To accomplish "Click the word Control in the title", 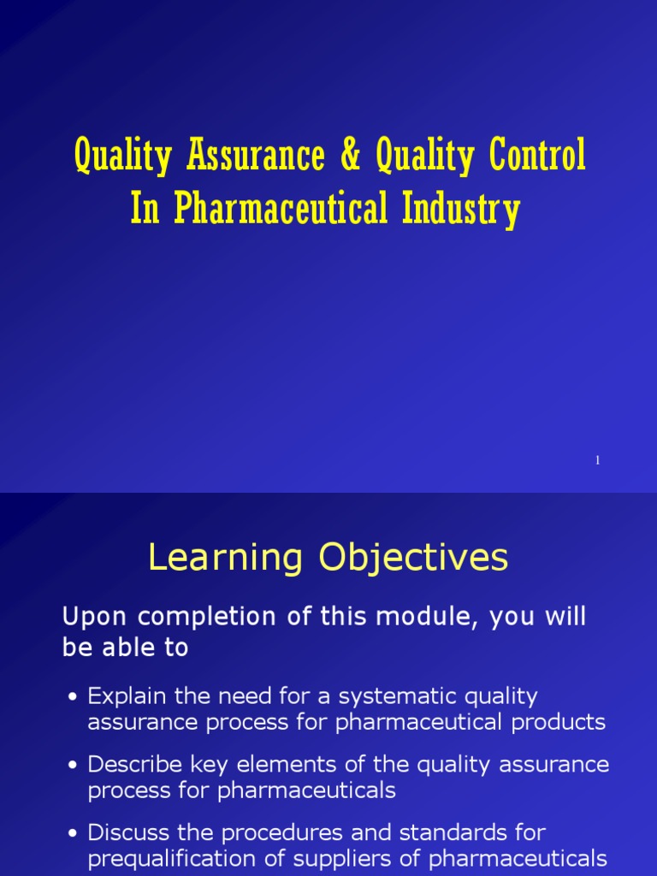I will pyautogui.click(x=537, y=157).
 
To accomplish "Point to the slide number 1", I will pyautogui.click(x=598, y=461).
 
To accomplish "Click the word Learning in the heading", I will pyautogui.click(x=225, y=559).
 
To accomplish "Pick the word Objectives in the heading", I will pyautogui.click(x=414, y=559).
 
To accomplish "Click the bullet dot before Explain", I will pyautogui.click(x=74, y=697).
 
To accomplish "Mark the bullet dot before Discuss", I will pyautogui.click(x=74, y=833).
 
